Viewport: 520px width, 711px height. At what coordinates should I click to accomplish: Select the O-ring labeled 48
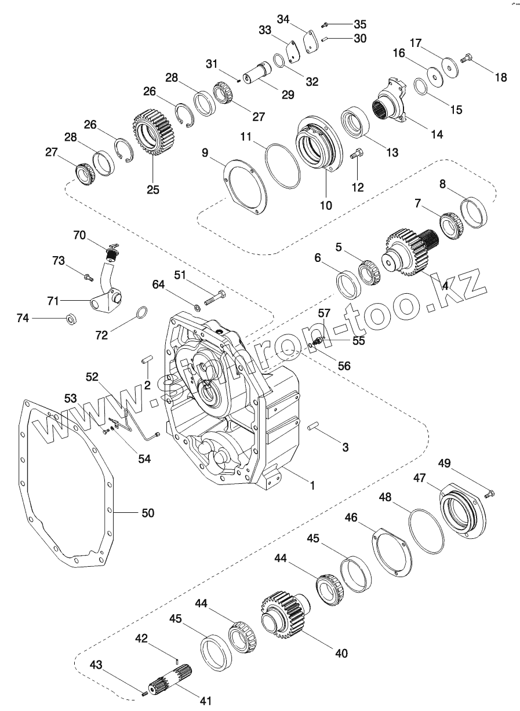pyautogui.click(x=427, y=531)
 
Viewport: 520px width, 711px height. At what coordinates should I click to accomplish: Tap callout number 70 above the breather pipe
pyautogui.click(x=80, y=235)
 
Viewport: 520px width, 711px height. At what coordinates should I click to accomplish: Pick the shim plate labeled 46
pyautogui.click(x=392, y=550)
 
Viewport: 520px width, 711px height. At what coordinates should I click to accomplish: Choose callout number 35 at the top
pyautogui.click(x=360, y=25)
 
